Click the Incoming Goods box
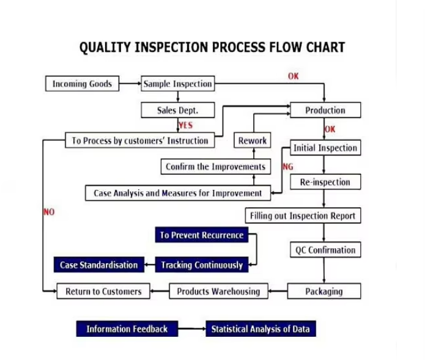pos(82,84)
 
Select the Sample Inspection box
pos(177,84)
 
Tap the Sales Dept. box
pos(177,111)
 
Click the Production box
pos(325,110)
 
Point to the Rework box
pos(253,141)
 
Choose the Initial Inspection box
pos(325,148)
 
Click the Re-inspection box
pos(325,182)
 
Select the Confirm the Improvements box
pos(215,166)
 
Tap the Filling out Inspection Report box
pos(302,216)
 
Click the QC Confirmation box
pos(325,250)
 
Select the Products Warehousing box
pos(218,292)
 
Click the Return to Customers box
pos(103,292)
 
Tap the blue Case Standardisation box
pos(98,265)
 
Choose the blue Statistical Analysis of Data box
pos(260,329)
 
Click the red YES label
pos(185,125)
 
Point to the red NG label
pos(287,166)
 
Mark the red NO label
pos(49,212)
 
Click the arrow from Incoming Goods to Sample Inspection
pos(130,84)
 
